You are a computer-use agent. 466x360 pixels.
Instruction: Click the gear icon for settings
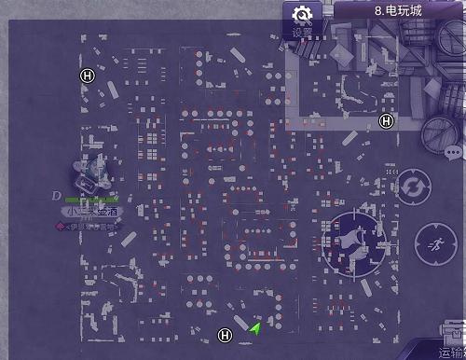point(302,15)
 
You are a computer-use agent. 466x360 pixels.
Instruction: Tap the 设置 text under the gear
point(302,33)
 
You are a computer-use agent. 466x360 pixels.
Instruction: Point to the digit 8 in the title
point(378,10)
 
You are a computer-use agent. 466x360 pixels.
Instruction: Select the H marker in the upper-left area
point(88,76)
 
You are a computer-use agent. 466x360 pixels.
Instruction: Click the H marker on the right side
point(387,120)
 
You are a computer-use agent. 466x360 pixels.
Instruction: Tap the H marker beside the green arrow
point(224,335)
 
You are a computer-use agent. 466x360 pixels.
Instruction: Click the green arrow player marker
point(254,327)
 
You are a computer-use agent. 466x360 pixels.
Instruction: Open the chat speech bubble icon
point(454,152)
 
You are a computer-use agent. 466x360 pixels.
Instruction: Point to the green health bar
point(91,200)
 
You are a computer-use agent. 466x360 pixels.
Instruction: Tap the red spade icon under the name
point(62,225)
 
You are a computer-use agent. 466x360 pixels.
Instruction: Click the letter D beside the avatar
point(58,195)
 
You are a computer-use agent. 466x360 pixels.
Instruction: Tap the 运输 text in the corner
point(454,353)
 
